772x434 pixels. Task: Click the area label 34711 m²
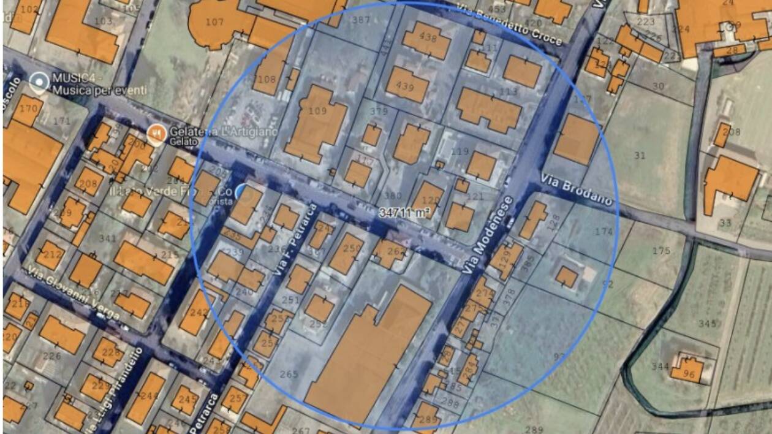click(404, 213)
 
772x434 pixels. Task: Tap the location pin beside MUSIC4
click(39, 82)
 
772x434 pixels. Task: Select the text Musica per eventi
click(100, 91)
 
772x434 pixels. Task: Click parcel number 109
click(317, 112)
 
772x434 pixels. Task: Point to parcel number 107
click(214, 22)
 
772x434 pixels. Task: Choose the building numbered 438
click(427, 37)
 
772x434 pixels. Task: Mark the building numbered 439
click(406, 86)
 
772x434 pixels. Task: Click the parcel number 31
click(640, 156)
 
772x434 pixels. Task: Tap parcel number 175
click(661, 251)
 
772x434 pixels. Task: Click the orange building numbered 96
click(689, 373)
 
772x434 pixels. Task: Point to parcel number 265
click(289, 374)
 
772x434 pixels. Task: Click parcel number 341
click(108, 239)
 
